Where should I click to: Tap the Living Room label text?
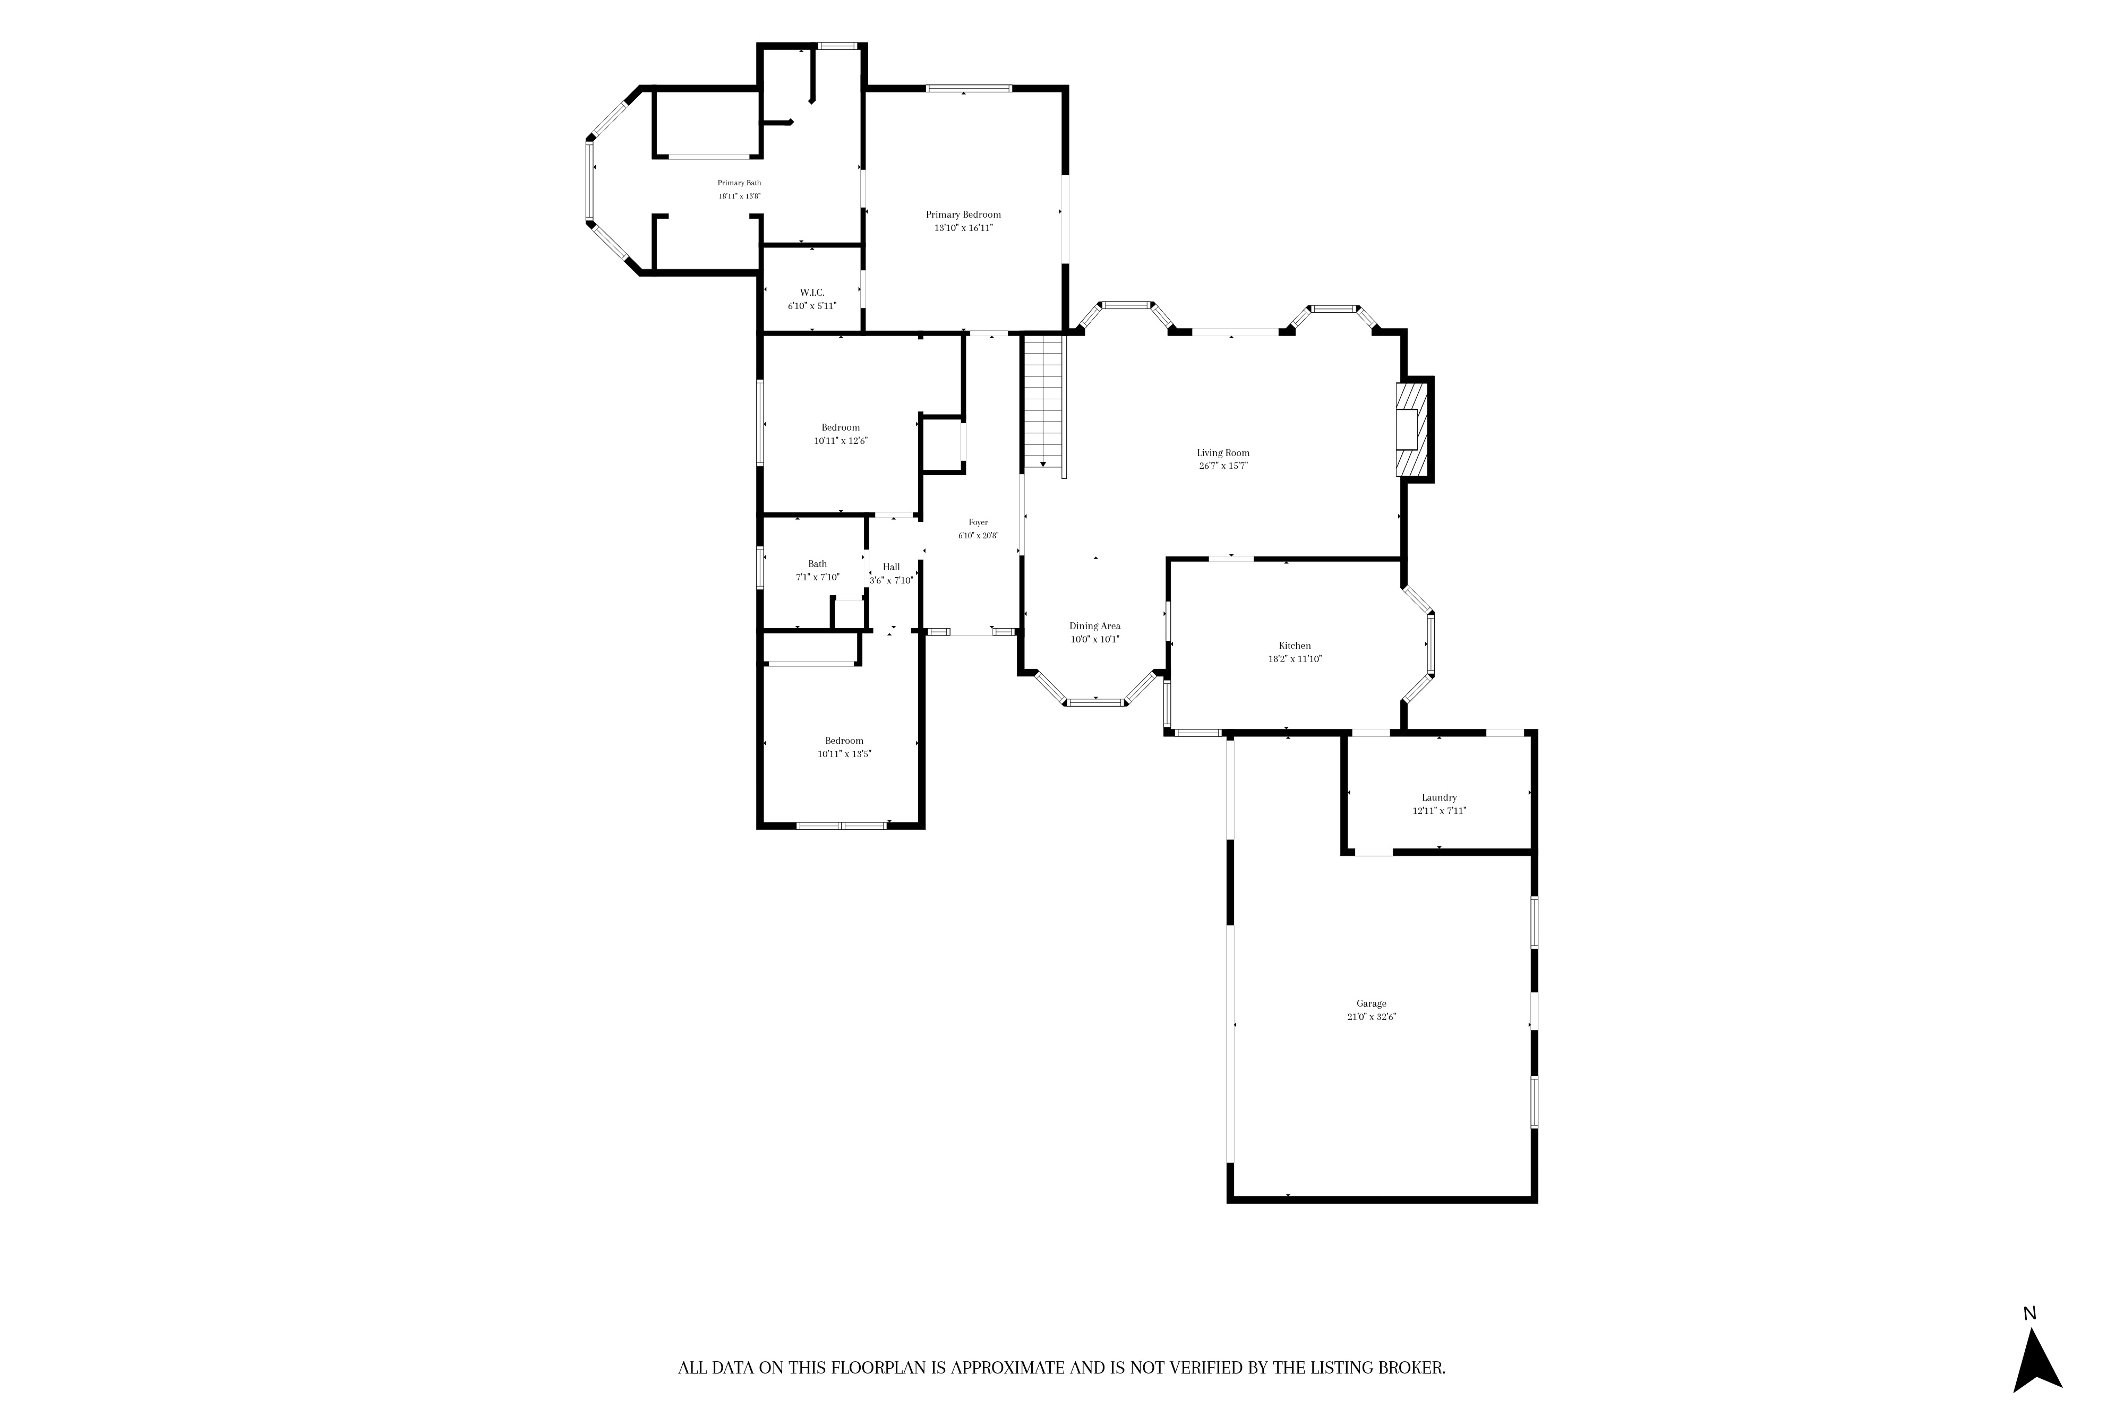(1223, 453)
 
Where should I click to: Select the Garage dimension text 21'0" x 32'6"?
(1371, 1017)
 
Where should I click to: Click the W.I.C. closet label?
(812, 293)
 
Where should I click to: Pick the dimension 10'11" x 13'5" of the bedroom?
(844, 754)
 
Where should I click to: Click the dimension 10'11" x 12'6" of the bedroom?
(841, 441)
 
